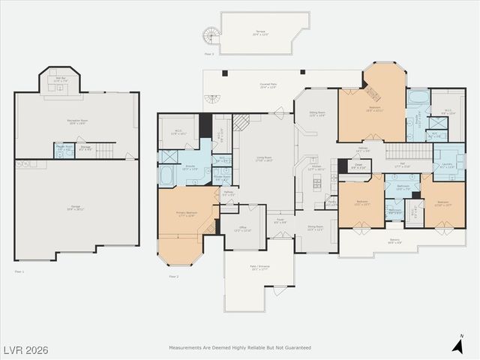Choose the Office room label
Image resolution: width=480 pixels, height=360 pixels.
(x=242, y=229)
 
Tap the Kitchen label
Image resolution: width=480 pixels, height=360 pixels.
(x=316, y=169)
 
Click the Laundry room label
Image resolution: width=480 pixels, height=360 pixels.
(x=448, y=166)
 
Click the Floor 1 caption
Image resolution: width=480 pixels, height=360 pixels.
(x=19, y=270)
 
